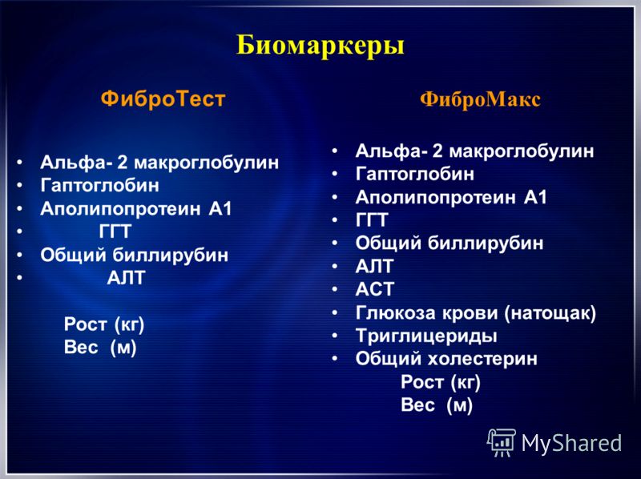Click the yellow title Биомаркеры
tap(320, 46)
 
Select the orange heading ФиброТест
tap(163, 99)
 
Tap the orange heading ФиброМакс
tap(480, 99)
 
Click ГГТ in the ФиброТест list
tap(115, 231)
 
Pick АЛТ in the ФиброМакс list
tap(374, 267)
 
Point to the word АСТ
tap(374, 289)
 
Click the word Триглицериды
tap(426, 336)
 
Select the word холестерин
tap(482, 359)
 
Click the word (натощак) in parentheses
tap(550, 313)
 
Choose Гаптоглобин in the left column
tap(99, 186)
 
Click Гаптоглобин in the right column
tap(415, 174)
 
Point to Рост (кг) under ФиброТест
tap(104, 324)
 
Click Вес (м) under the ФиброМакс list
tap(437, 405)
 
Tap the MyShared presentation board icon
tap(502, 443)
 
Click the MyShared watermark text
tap(571, 443)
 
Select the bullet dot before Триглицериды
tap(335, 336)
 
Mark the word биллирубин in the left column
tap(171, 256)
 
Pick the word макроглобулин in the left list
tap(207, 163)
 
